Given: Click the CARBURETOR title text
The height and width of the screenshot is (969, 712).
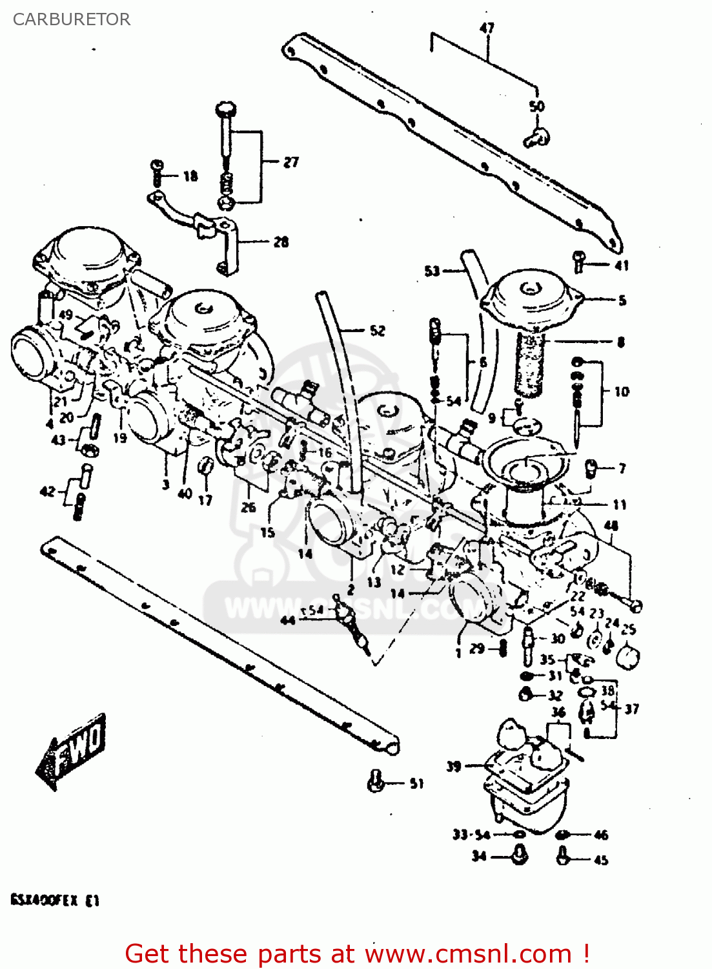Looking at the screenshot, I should coord(71,19).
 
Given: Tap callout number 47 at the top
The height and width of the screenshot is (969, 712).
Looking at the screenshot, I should coord(487,28).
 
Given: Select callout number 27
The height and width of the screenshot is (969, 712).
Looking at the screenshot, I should coord(290,161).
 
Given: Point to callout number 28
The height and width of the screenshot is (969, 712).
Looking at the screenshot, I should coord(281,242).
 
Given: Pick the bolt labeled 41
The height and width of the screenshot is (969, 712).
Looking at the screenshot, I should coord(579,261).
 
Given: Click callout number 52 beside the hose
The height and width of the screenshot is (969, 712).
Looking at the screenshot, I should coord(377,331).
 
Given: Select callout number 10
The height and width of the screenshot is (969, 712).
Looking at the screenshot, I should coord(621,391).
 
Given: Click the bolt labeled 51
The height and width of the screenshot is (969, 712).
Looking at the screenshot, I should coord(376,781).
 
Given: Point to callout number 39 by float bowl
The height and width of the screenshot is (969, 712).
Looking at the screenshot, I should coord(454,766).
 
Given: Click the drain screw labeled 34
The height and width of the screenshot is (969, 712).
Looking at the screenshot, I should coord(519,857).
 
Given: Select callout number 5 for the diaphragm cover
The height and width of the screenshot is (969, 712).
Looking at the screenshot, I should coord(622,300).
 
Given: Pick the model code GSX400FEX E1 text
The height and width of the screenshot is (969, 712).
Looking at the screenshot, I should coord(55,901).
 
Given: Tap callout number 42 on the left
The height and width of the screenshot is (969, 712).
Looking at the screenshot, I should coord(48,492).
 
